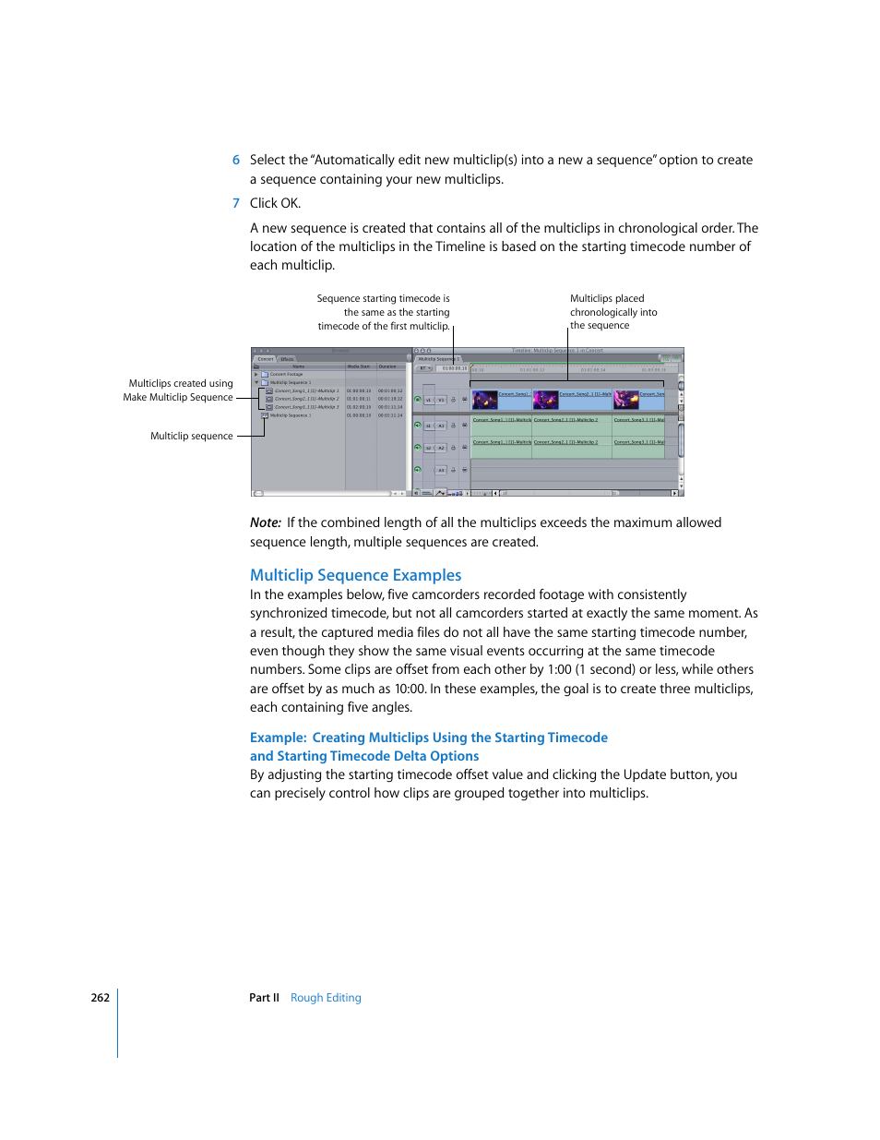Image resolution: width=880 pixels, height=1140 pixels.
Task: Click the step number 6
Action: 236,161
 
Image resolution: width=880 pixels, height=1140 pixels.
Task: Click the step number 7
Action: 236,204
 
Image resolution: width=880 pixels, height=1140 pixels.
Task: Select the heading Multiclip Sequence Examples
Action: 355,575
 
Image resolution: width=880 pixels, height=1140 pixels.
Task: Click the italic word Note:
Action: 266,522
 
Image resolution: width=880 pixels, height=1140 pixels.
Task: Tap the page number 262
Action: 100,998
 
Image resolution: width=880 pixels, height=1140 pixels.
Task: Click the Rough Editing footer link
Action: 326,998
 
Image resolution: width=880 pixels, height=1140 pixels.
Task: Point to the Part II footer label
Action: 264,998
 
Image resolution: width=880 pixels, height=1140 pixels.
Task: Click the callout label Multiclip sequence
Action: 192,436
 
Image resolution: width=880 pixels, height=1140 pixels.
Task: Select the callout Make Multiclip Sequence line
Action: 178,398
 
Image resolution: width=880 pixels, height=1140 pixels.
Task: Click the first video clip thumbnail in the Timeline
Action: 485,400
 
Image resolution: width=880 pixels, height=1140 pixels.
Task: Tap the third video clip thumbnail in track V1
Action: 626,400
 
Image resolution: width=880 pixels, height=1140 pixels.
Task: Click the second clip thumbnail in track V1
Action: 546,400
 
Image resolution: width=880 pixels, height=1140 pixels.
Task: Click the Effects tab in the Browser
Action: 287,359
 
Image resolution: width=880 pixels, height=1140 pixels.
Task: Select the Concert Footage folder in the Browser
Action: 286,375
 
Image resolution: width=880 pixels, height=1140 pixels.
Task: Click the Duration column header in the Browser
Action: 387,366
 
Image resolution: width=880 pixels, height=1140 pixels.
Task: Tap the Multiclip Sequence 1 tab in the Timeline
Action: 438,359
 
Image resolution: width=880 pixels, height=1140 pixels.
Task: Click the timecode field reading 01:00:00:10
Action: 454,368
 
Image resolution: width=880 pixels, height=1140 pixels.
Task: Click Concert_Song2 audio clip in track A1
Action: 565,420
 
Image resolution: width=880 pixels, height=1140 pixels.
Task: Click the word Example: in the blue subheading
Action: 278,738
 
